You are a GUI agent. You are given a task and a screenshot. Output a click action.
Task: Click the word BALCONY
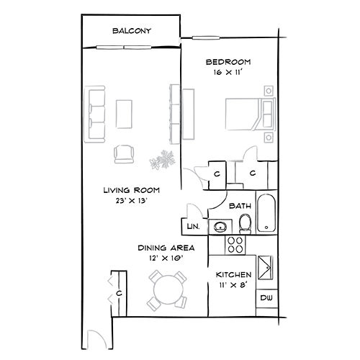(132, 31)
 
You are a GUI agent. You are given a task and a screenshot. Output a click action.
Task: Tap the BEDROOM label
(228, 62)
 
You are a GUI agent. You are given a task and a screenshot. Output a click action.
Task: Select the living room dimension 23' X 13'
(131, 201)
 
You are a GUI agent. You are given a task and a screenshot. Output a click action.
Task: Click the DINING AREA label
(166, 248)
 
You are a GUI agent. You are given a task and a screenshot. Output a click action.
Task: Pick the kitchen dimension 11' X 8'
(233, 285)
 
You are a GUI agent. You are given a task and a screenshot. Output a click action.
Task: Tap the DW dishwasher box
(266, 298)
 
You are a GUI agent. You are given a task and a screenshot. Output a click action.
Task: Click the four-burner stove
(235, 245)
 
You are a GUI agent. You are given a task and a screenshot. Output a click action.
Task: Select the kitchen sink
(266, 268)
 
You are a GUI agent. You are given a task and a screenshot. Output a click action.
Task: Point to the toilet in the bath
(245, 224)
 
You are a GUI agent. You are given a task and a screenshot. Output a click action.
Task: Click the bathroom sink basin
(220, 226)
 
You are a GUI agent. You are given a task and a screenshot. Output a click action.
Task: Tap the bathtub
(266, 213)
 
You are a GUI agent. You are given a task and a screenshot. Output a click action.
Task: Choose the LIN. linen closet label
(193, 226)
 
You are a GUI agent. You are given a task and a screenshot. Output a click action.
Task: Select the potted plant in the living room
(163, 160)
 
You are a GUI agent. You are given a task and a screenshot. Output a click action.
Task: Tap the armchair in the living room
(124, 154)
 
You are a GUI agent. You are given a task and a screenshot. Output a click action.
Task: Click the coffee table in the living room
(124, 114)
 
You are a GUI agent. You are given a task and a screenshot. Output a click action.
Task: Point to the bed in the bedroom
(251, 114)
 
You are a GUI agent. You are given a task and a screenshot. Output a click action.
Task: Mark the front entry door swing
(96, 339)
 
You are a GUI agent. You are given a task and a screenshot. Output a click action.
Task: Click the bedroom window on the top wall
(206, 37)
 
